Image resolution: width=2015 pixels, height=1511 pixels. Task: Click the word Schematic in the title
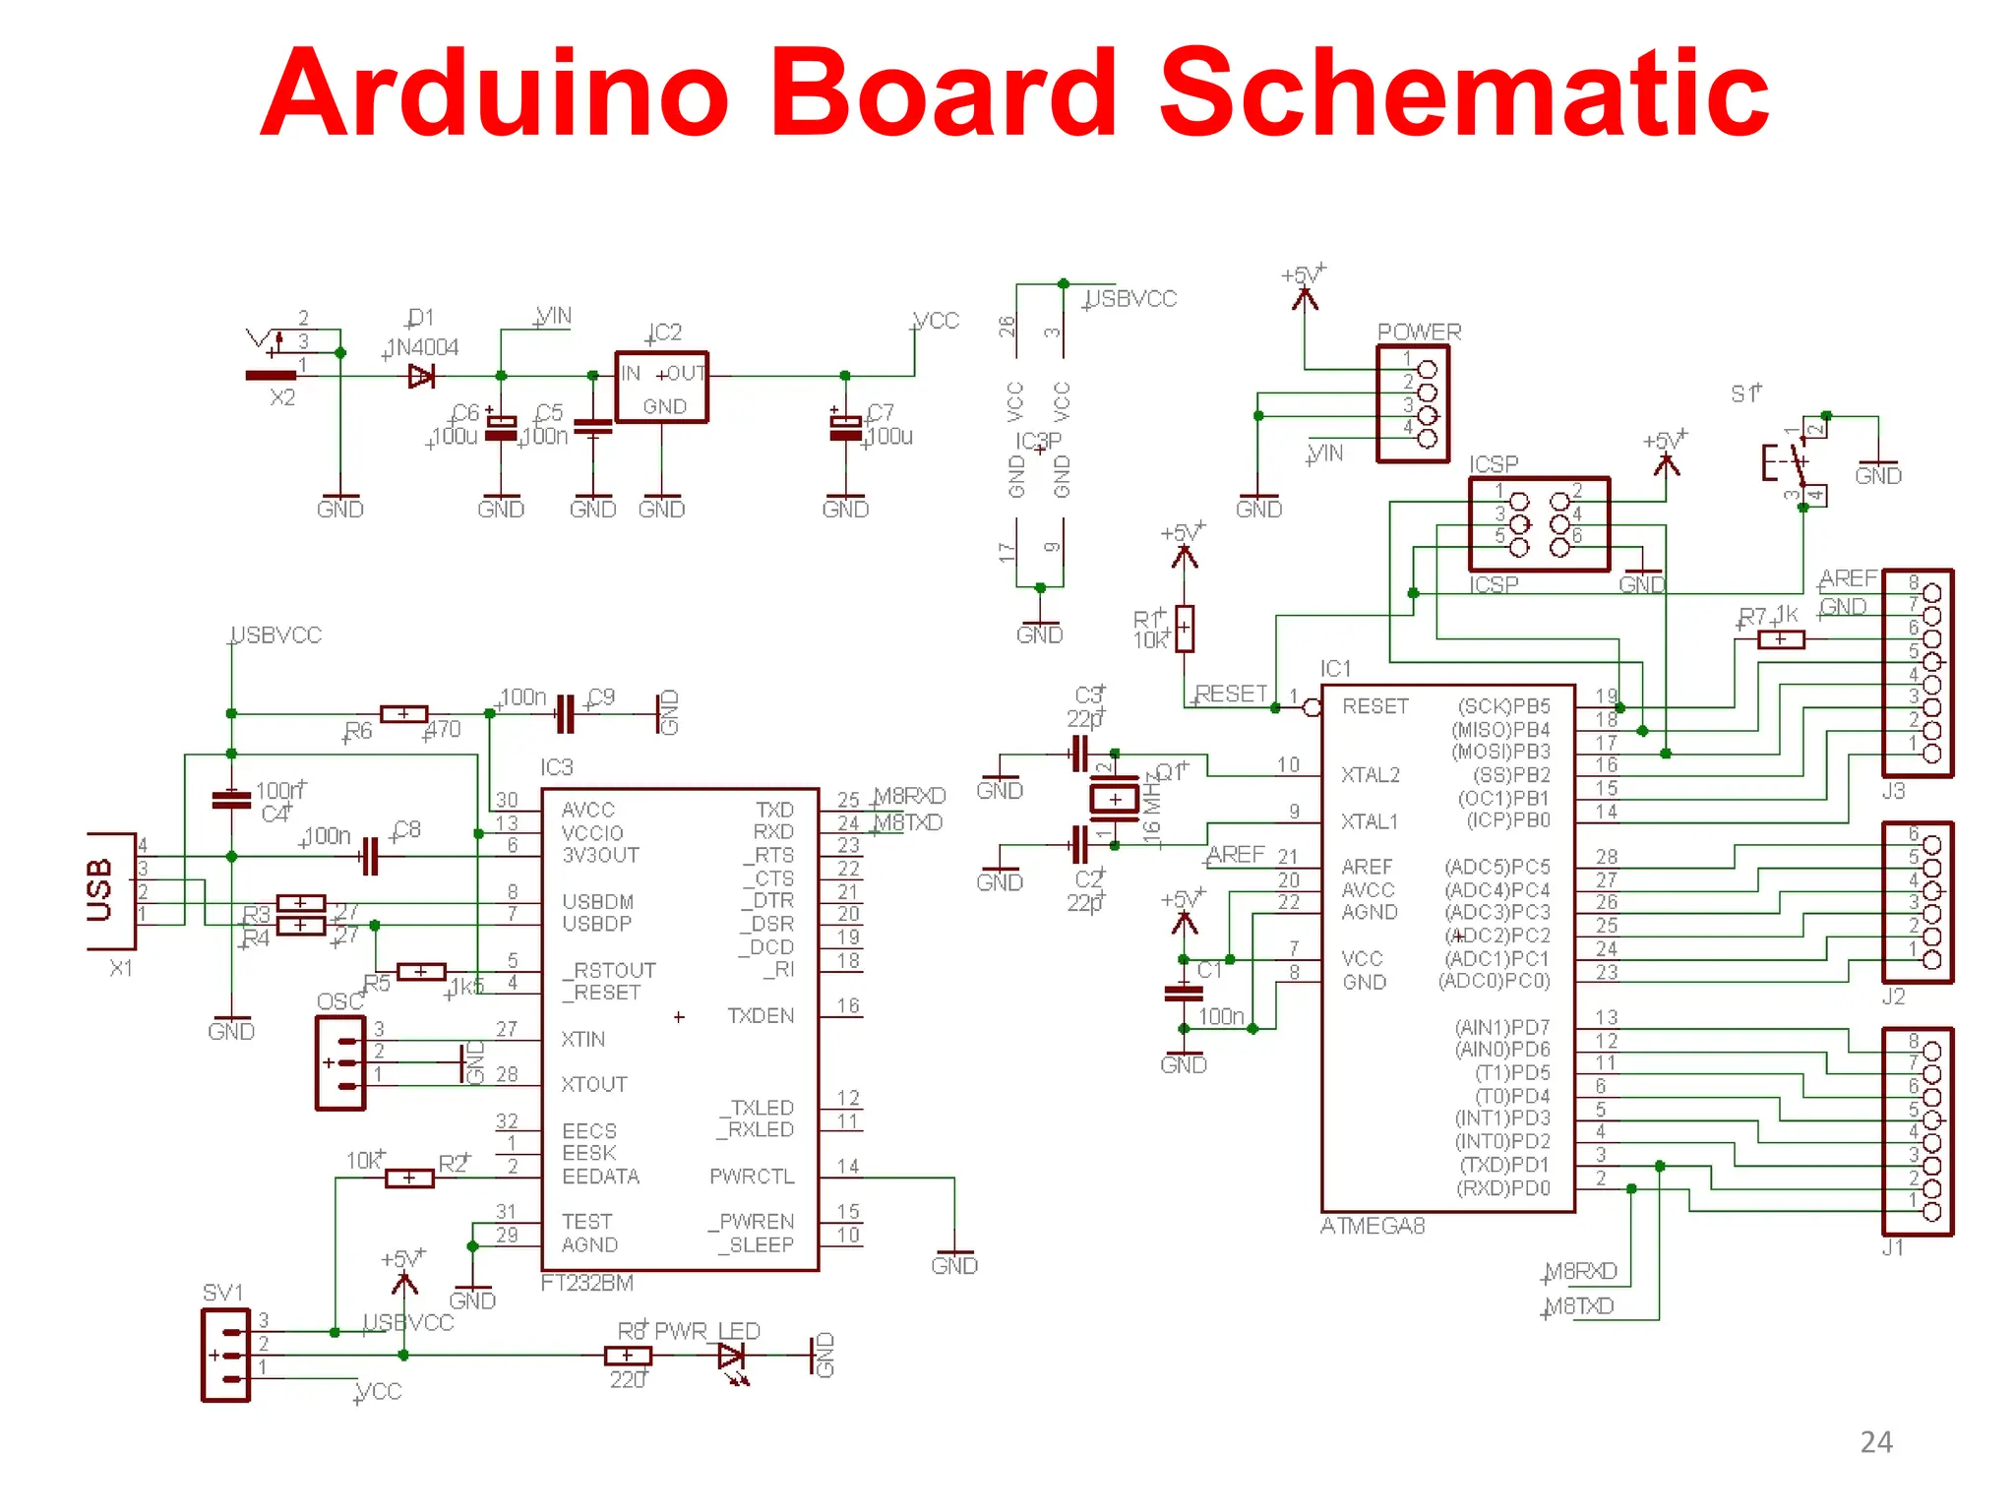click(1464, 93)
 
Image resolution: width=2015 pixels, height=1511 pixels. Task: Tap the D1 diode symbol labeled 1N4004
click(421, 376)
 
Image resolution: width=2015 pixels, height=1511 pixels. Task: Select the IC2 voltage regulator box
click(661, 388)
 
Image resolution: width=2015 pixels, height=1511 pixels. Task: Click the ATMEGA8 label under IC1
click(1372, 1226)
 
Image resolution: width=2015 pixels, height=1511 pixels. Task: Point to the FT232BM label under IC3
click(587, 1283)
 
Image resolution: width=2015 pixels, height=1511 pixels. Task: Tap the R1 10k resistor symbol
click(1185, 628)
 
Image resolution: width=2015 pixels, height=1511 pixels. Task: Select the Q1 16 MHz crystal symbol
click(1115, 798)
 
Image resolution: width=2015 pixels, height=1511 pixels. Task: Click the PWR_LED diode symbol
click(731, 1357)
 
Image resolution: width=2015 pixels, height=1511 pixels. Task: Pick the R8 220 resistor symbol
click(628, 1356)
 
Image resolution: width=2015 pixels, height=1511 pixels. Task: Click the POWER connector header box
click(1413, 403)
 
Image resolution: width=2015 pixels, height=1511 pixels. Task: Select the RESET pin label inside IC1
click(1374, 706)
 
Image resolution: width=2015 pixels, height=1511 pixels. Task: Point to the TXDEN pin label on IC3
click(760, 1015)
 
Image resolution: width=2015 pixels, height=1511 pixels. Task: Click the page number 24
click(1875, 1442)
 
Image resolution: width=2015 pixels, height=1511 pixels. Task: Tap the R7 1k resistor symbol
click(1781, 639)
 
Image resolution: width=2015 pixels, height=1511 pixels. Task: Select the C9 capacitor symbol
click(565, 714)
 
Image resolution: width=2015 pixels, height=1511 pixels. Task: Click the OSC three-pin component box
click(340, 1062)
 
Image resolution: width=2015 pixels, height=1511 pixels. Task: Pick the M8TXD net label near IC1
click(1579, 1306)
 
